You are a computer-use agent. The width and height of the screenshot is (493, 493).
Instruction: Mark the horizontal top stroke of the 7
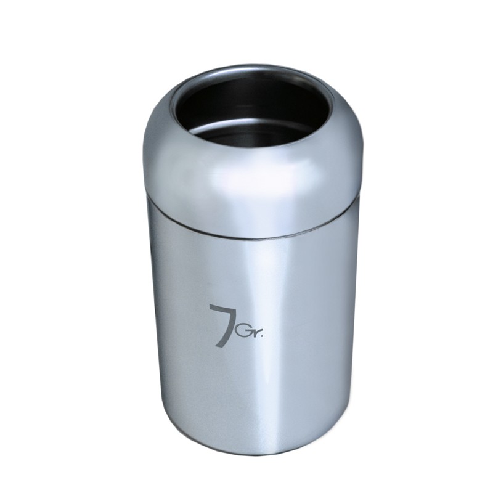[224, 306]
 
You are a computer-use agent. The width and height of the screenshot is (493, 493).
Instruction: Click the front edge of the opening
[251, 148]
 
